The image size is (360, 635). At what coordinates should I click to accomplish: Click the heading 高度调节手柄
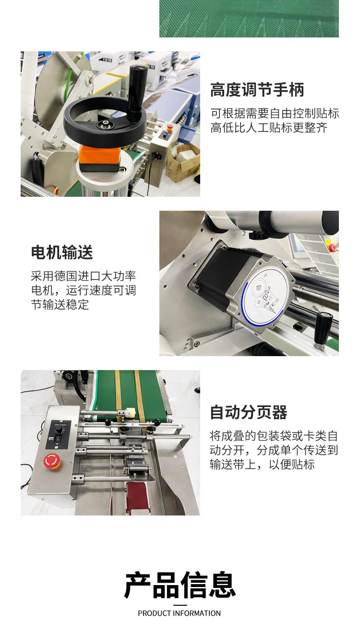coord(257,90)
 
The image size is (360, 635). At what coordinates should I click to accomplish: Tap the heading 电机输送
coord(62,252)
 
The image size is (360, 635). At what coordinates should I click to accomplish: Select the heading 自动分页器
coord(248,412)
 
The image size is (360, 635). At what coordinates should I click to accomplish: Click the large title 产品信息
coord(180,585)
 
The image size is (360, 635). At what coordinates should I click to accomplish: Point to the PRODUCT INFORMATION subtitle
coord(179,613)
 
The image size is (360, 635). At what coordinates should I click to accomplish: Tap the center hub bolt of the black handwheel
coord(105,125)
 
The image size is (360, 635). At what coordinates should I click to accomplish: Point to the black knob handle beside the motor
coord(323,326)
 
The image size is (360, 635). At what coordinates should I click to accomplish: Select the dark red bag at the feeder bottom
coord(137,499)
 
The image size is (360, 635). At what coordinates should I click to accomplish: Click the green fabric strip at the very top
coord(249,18)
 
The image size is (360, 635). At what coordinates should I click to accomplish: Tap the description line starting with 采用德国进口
coord(84,276)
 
